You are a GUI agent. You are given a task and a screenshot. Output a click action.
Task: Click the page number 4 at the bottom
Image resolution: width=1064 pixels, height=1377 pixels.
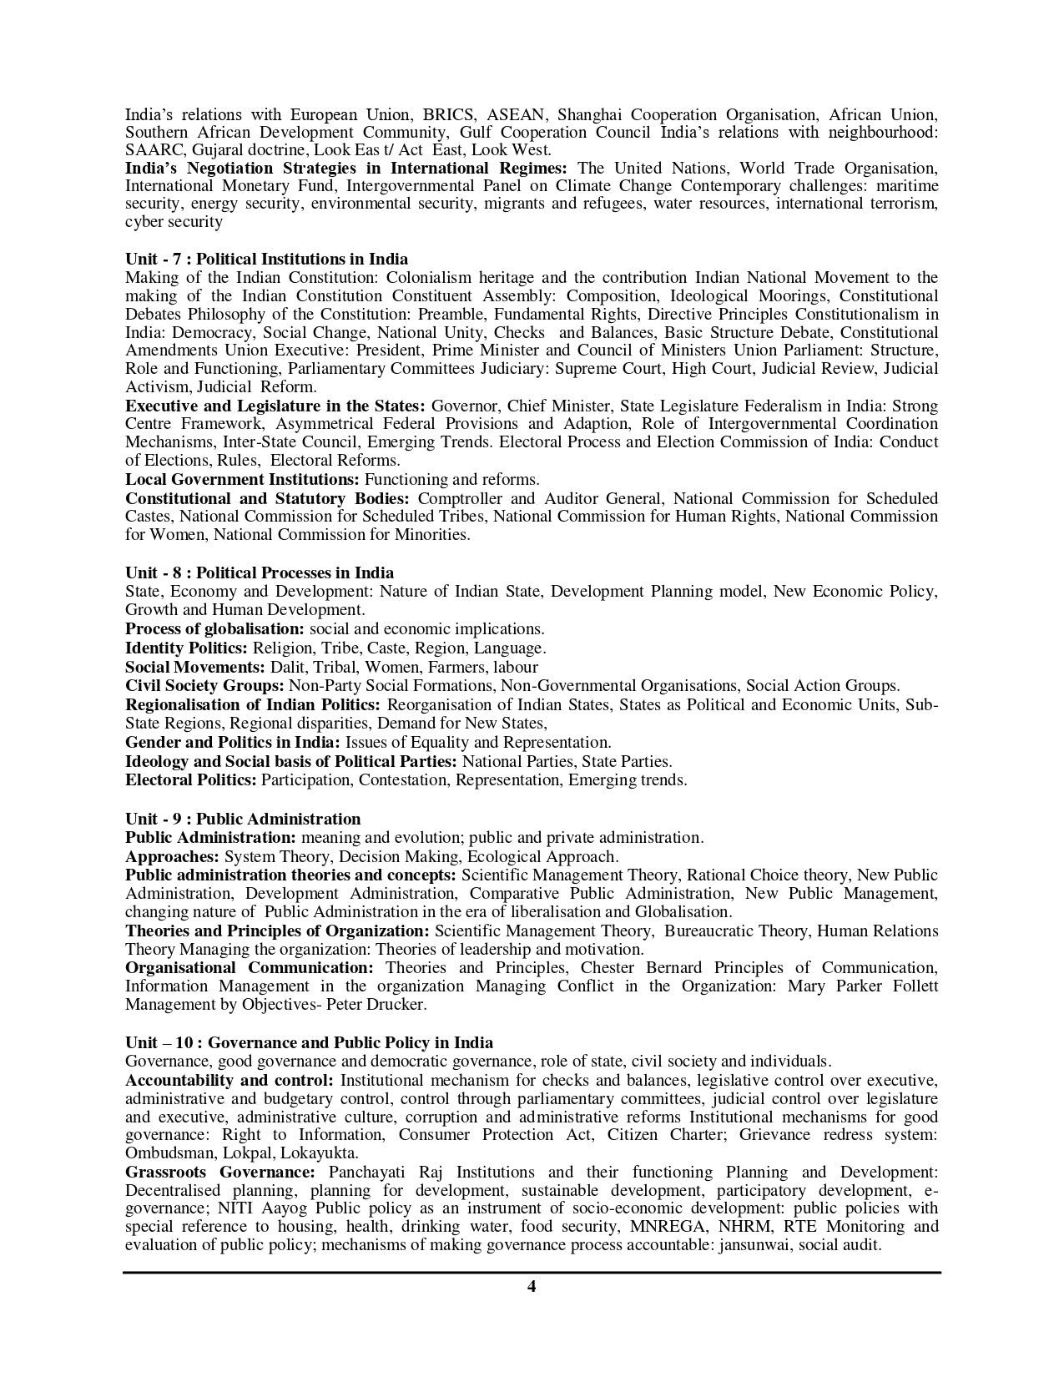click(532, 1286)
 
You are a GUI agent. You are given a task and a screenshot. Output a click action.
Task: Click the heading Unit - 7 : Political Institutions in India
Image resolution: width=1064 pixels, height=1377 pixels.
click(266, 259)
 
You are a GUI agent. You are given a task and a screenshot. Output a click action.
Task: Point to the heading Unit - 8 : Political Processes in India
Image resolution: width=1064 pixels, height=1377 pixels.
click(260, 572)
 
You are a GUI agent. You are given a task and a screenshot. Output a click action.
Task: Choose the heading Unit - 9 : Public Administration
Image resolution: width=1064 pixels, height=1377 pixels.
click(243, 819)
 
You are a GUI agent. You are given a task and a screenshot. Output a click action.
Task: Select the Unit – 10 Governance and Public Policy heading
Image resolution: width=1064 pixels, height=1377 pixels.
click(309, 1042)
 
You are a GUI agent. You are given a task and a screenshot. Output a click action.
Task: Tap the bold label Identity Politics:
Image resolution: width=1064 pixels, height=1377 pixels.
click(186, 648)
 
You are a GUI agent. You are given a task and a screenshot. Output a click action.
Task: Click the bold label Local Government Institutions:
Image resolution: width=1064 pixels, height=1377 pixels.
click(242, 479)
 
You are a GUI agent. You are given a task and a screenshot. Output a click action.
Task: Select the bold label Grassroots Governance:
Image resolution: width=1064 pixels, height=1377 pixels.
click(219, 1172)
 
